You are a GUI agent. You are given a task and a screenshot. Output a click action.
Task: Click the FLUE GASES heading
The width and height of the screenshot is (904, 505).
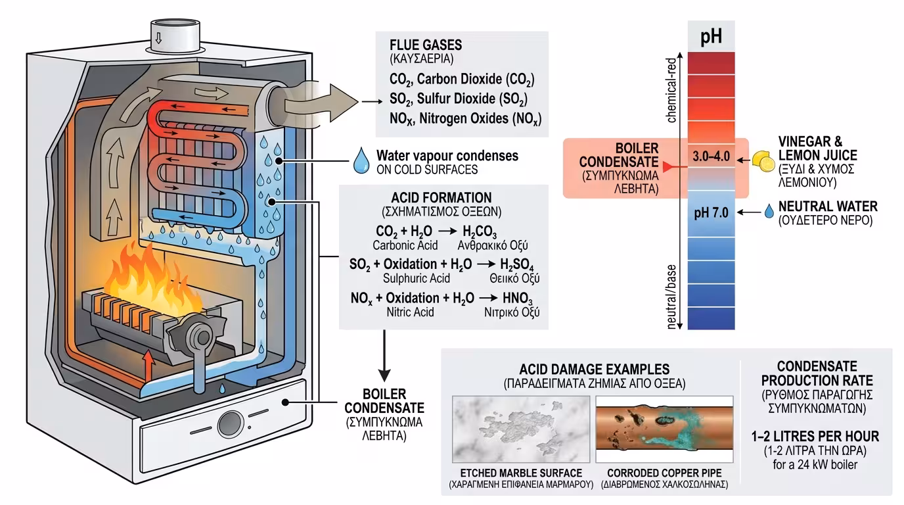pyautogui.click(x=426, y=45)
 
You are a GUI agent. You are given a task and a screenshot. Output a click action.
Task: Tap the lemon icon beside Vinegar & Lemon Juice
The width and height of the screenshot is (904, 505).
pyautogui.click(x=762, y=159)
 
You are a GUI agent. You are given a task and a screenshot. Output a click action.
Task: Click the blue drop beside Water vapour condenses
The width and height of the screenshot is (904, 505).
pyautogui.click(x=361, y=161)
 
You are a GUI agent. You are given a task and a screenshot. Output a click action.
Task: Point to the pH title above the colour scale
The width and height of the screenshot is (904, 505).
pyautogui.click(x=711, y=36)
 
